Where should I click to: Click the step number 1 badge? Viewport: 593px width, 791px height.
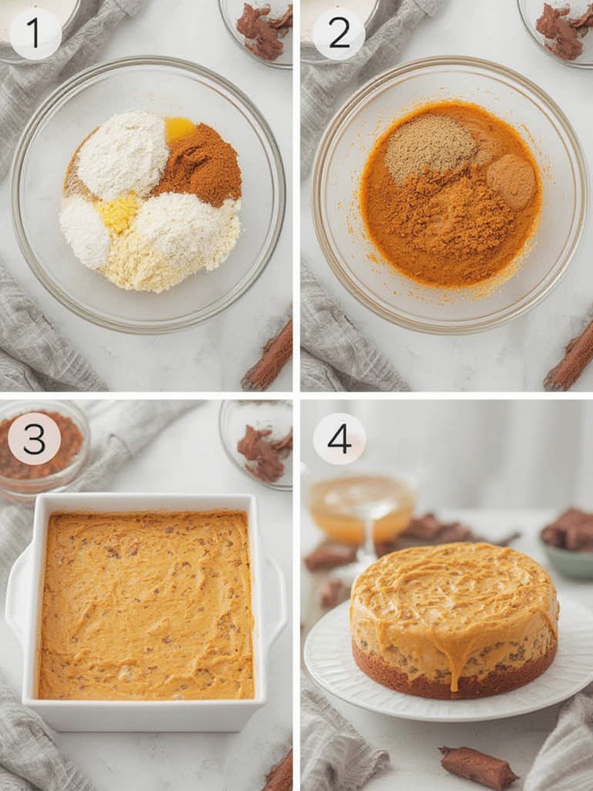[x=35, y=34]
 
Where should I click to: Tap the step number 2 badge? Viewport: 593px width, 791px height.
[x=339, y=35]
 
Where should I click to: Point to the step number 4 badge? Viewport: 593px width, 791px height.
[x=339, y=441]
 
